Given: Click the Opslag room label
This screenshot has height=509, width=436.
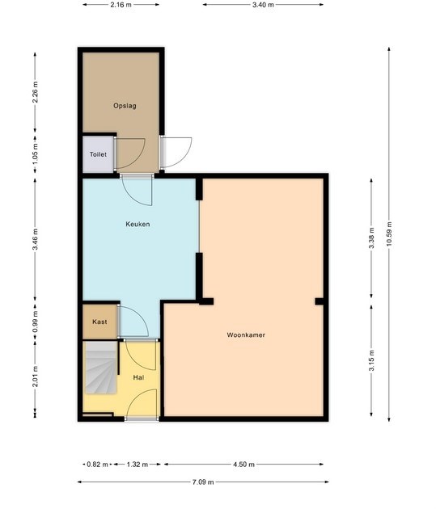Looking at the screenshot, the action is (x=125, y=106).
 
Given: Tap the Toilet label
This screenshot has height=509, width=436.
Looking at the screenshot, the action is (x=98, y=154).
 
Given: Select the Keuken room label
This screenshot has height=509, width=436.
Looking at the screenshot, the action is (x=138, y=224).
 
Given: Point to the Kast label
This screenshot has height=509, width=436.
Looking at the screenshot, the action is (x=99, y=322).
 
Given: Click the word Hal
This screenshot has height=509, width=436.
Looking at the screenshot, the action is (x=139, y=377).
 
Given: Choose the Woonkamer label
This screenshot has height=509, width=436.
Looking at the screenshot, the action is (x=246, y=335).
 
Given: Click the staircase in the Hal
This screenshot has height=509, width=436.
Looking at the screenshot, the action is (x=101, y=368).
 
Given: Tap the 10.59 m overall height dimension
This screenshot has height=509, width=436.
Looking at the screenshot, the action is (x=390, y=234).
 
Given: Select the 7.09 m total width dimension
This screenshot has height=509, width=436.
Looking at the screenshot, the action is (x=203, y=482).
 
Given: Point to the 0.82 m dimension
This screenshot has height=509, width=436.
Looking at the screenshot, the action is (x=97, y=465).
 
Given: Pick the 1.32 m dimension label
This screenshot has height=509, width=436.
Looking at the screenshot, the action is (x=137, y=465).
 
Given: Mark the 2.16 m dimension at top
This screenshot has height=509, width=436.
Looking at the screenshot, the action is (x=121, y=5).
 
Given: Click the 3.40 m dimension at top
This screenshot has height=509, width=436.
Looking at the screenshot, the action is (x=263, y=5).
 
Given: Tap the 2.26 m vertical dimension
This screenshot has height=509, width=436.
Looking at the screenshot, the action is (x=36, y=92).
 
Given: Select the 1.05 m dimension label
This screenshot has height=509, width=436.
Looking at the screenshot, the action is (x=36, y=154).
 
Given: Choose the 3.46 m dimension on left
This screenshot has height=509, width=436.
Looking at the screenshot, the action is (x=36, y=240).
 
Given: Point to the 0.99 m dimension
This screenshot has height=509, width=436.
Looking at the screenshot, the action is (x=36, y=322).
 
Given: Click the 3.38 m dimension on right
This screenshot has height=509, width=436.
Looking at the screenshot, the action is (x=372, y=238).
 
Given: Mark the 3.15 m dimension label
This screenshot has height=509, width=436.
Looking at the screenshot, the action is (x=372, y=360).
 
